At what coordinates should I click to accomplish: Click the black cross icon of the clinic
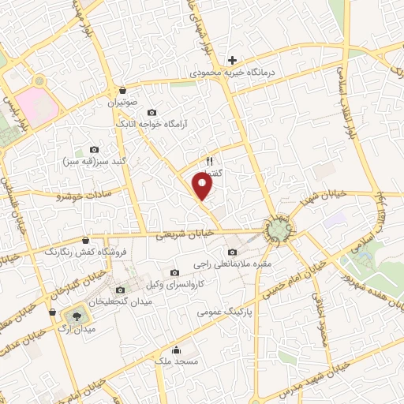pyautogui.click(x=232, y=60)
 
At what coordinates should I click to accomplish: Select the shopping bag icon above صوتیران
pyautogui.click(x=123, y=90)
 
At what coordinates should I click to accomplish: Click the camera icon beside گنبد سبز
pyautogui.click(x=95, y=149)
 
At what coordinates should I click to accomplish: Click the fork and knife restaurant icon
pyautogui.click(x=209, y=160)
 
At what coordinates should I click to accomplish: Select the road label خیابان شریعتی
pyautogui.click(x=182, y=234)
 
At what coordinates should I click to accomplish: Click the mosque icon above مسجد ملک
pyautogui.click(x=175, y=350)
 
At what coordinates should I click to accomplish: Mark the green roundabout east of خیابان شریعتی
pyautogui.click(x=280, y=230)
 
